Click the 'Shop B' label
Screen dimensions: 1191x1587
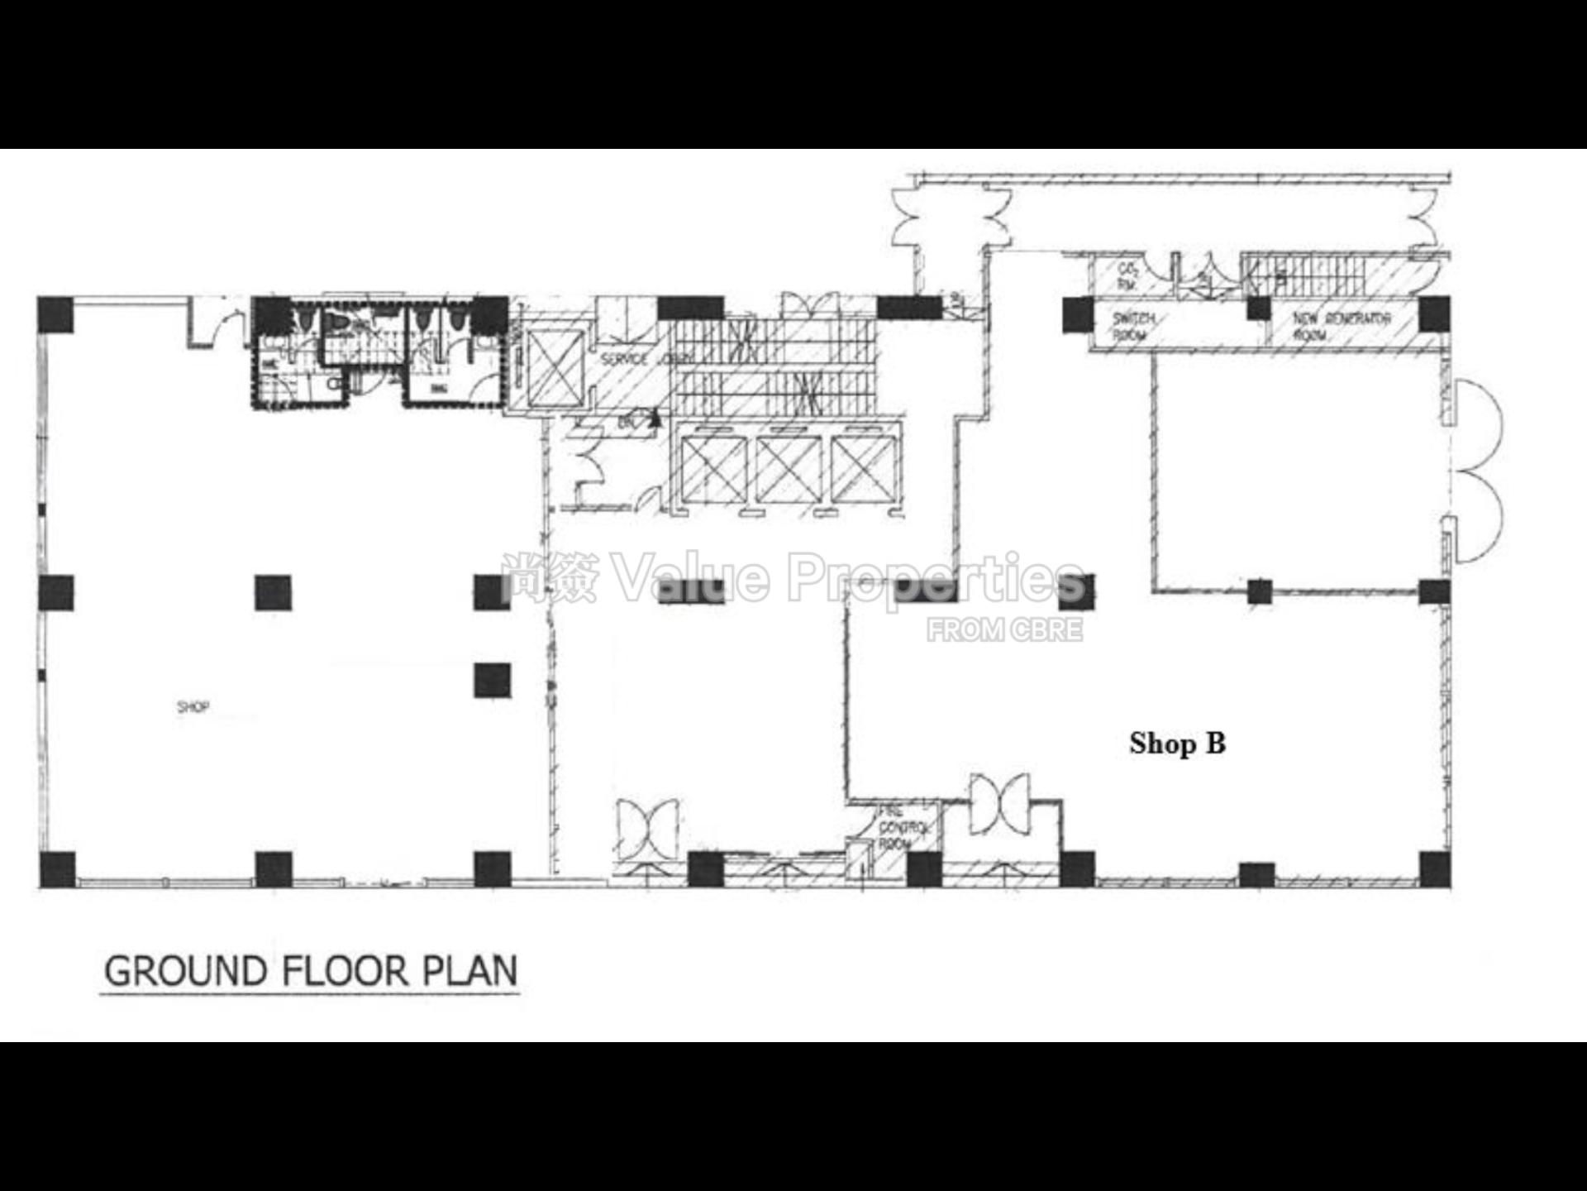1177,744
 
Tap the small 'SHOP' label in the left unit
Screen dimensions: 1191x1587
193,707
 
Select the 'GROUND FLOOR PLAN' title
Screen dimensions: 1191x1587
311,971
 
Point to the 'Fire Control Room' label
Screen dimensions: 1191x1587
898,827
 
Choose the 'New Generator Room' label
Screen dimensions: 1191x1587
1342,326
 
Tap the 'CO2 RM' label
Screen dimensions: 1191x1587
1127,276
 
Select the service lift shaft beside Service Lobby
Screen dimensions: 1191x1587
555,369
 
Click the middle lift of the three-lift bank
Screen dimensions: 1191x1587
789,470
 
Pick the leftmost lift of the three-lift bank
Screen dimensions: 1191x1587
713,470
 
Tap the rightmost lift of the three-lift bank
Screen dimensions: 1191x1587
864,470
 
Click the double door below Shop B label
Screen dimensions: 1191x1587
1000,803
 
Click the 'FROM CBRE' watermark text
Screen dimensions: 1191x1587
1004,630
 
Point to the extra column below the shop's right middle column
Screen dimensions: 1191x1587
493,680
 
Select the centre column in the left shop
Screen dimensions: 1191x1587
274,592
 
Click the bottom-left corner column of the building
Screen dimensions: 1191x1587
57,868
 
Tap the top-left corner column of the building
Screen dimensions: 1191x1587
55,314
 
